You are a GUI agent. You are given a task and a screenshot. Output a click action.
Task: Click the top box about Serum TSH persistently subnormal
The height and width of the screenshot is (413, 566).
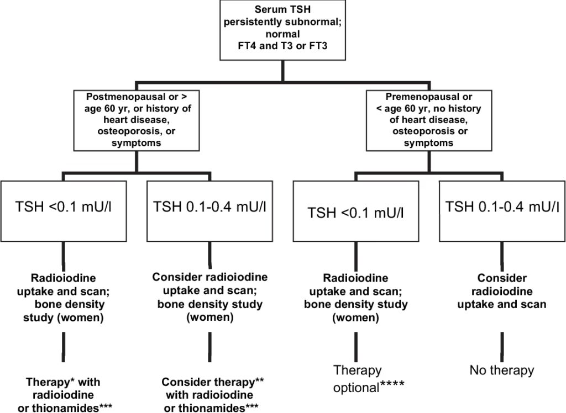pos(282,30)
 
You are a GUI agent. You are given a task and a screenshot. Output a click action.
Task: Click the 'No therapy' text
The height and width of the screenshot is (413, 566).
pos(501,370)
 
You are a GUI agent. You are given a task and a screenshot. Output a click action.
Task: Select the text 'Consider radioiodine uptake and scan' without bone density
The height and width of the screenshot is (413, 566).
pos(501,291)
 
